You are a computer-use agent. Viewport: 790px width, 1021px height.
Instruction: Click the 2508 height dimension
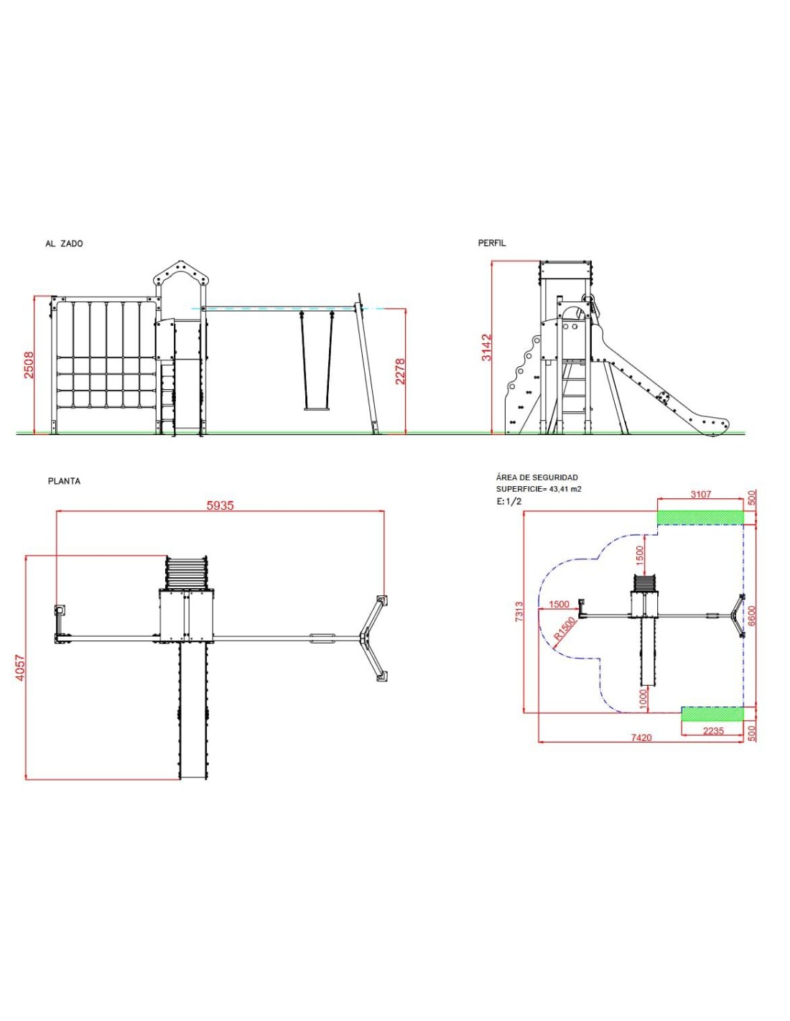point(29,365)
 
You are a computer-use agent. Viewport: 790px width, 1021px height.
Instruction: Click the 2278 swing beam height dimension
point(400,372)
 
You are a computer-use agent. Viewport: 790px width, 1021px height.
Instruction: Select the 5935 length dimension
point(220,505)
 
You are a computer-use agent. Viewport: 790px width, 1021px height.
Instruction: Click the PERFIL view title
point(491,243)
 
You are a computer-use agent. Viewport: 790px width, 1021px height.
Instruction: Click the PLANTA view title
point(64,481)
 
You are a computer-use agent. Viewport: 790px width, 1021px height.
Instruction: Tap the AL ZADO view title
point(64,243)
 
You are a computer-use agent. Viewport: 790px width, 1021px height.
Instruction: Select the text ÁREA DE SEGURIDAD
point(537,477)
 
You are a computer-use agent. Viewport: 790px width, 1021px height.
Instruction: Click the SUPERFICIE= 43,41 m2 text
point(539,489)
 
